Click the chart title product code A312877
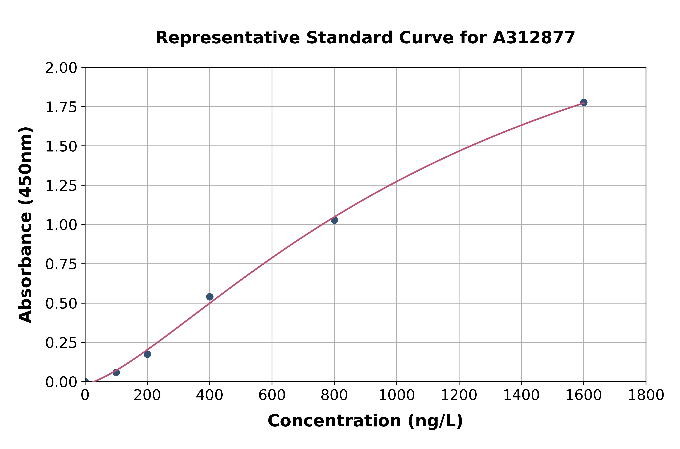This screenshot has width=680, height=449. click(534, 38)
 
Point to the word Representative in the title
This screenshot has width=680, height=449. click(228, 38)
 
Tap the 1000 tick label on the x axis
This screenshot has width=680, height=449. click(396, 395)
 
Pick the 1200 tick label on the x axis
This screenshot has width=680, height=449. click(459, 395)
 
